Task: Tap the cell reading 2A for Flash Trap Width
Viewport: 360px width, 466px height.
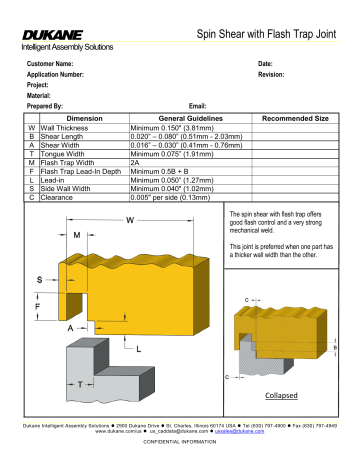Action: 135,162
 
